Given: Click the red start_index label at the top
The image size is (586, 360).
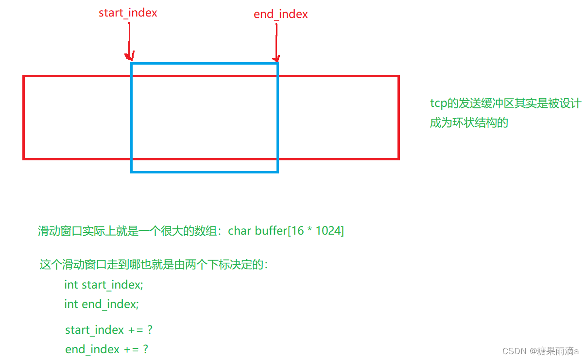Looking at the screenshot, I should point(128,13).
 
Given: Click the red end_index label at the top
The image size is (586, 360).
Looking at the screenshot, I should point(280,15).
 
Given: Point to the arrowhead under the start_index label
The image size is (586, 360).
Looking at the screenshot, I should point(130,56).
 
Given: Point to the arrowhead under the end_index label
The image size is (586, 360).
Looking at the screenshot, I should point(277,57).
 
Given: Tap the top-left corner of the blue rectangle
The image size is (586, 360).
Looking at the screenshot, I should point(132,63).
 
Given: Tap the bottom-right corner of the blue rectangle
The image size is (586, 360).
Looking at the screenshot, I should point(277,171).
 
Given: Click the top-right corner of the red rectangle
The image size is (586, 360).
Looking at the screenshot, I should point(398,76).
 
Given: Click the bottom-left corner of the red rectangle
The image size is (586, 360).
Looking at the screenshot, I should point(24,158).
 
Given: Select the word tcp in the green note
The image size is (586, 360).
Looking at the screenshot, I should point(438,103).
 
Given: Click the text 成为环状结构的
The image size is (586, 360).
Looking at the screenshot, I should point(468,122).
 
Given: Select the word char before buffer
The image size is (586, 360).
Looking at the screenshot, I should point(240,231).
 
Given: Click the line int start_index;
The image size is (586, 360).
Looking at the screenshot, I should point(103,285).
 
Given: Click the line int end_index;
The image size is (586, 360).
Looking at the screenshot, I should point(102,304).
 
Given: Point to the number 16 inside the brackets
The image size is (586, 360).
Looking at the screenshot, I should point(297,231).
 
